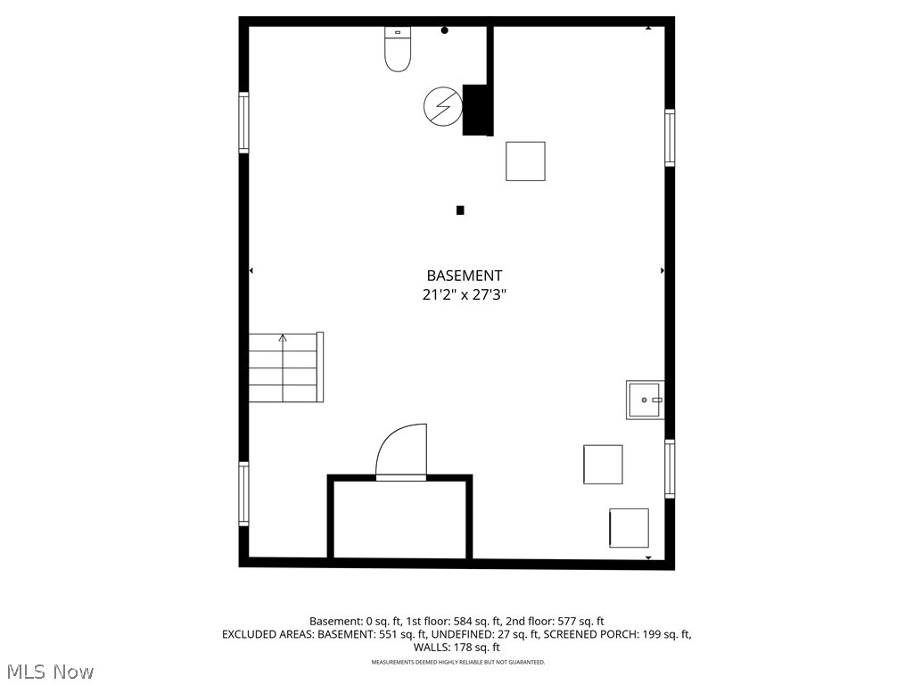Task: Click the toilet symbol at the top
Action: click(x=398, y=50)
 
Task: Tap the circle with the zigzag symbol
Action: click(x=442, y=106)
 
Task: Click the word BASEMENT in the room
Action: click(x=464, y=276)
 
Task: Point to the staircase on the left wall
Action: click(x=284, y=367)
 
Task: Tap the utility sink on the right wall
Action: click(x=645, y=400)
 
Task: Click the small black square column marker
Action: click(x=460, y=210)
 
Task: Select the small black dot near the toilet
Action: click(x=445, y=30)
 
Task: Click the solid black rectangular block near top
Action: click(x=477, y=110)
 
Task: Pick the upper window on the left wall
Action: click(x=243, y=122)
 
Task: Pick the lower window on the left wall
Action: click(x=243, y=492)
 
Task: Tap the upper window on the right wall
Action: click(x=670, y=137)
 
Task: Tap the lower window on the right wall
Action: click(x=670, y=468)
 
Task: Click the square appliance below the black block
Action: click(x=525, y=161)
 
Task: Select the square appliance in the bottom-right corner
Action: click(x=629, y=528)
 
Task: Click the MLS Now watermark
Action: click(x=50, y=671)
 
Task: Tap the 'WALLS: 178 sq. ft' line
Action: click(x=456, y=648)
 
